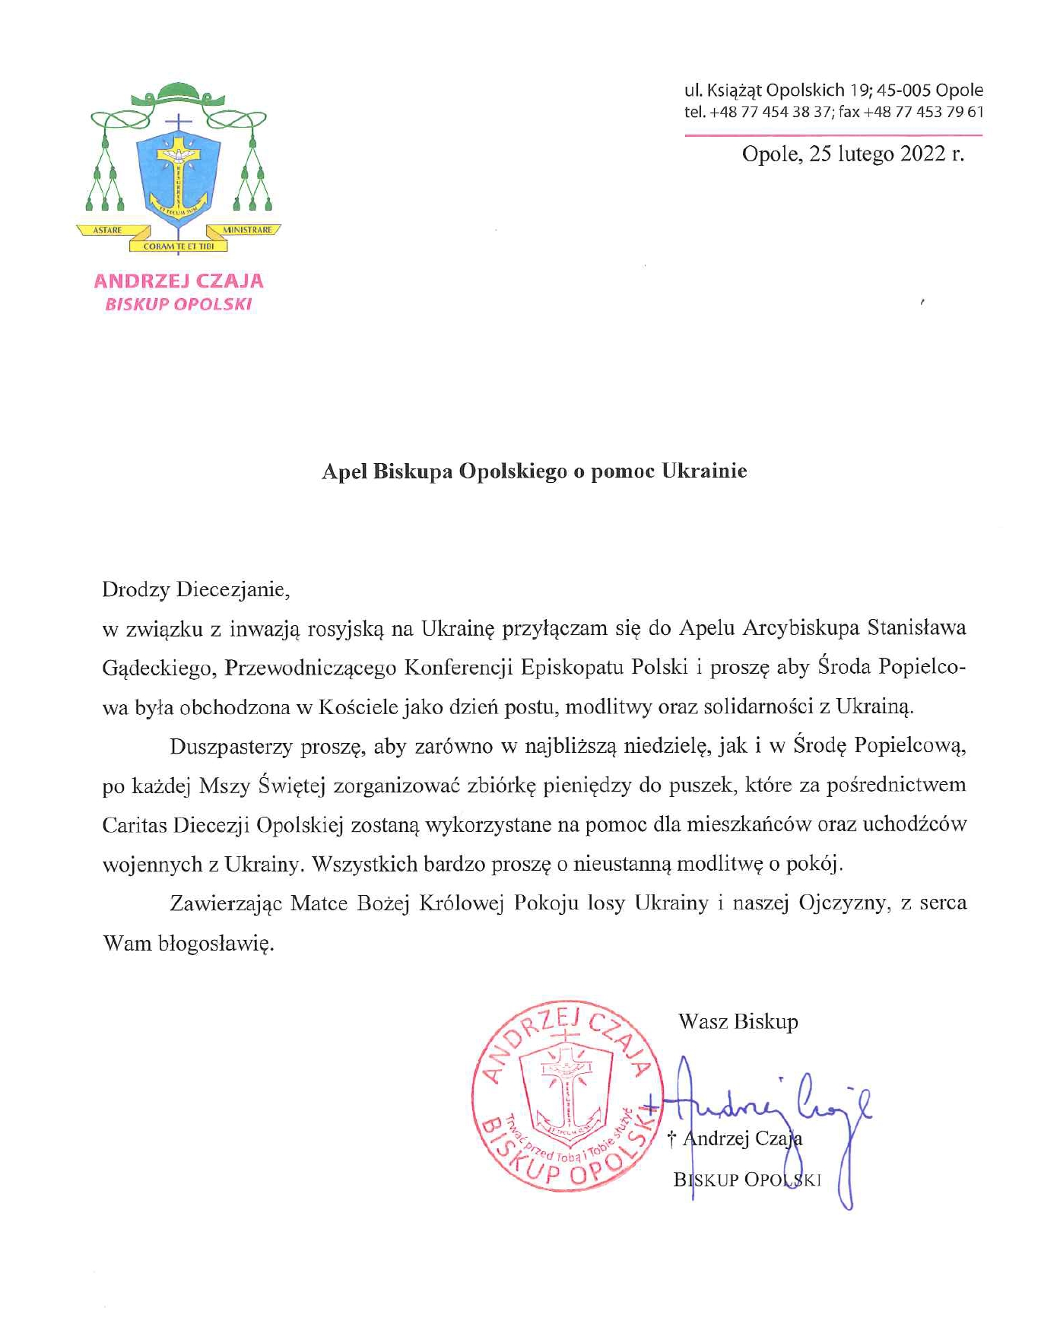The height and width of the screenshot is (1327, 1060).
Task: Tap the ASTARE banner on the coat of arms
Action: click(107, 230)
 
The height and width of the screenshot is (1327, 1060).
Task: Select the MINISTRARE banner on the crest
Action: click(247, 230)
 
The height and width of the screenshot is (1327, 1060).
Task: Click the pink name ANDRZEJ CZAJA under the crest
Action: click(179, 281)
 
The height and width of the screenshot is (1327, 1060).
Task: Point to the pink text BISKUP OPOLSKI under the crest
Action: click(179, 305)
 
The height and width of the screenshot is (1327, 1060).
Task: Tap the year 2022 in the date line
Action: click(922, 154)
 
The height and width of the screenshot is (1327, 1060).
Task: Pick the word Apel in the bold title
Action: click(344, 471)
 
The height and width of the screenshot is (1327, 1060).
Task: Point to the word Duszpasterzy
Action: click(231, 746)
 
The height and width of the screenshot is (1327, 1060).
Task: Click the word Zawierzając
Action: click(226, 903)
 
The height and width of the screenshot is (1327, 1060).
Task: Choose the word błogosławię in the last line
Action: click(215, 944)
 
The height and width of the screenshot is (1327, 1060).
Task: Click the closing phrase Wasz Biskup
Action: click(738, 1021)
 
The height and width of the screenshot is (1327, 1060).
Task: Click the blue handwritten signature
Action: click(768, 1110)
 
